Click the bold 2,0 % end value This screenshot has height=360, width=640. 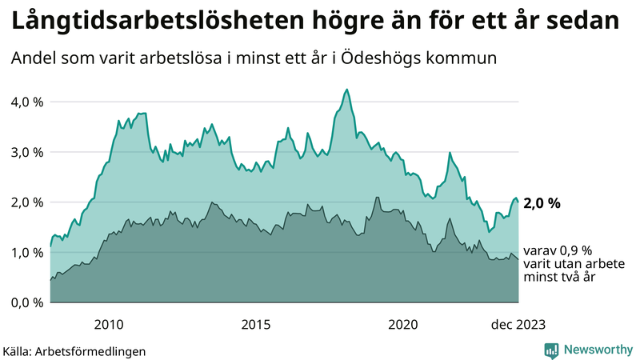click(x=542, y=203)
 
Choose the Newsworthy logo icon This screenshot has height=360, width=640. click(x=551, y=350)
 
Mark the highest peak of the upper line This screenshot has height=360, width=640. click(x=346, y=89)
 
